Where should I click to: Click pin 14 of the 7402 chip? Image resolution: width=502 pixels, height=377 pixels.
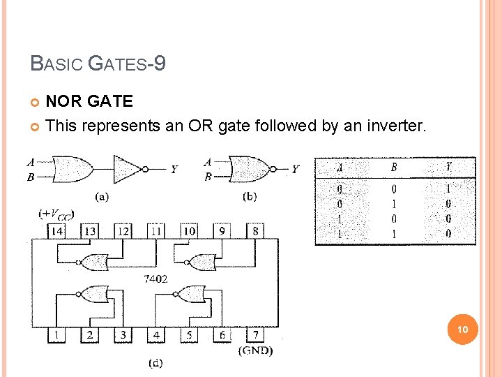pyautogui.click(x=56, y=231)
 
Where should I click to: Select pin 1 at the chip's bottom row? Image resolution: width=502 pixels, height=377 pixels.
pyautogui.click(x=56, y=335)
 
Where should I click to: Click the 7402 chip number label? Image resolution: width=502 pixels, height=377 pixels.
pyautogui.click(x=155, y=279)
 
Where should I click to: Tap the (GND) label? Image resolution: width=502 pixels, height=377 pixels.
pyautogui.click(x=255, y=350)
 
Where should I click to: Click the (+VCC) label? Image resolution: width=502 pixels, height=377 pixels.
pyautogui.click(x=56, y=214)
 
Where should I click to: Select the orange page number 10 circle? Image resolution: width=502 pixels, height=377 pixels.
pyautogui.click(x=464, y=329)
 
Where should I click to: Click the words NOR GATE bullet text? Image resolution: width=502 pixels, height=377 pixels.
pyautogui.click(x=89, y=101)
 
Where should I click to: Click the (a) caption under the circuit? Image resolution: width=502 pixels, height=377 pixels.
pyautogui.click(x=102, y=196)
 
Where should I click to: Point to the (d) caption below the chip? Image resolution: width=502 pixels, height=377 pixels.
pyautogui.click(x=156, y=362)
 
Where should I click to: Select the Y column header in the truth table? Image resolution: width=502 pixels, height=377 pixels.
pyautogui.click(x=448, y=168)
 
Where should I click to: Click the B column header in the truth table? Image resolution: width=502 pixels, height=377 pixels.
pyautogui.click(x=394, y=168)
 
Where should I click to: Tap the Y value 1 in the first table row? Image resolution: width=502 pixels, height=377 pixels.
pyautogui.click(x=448, y=188)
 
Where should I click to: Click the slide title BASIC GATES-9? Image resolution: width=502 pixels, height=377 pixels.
pyautogui.click(x=98, y=64)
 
